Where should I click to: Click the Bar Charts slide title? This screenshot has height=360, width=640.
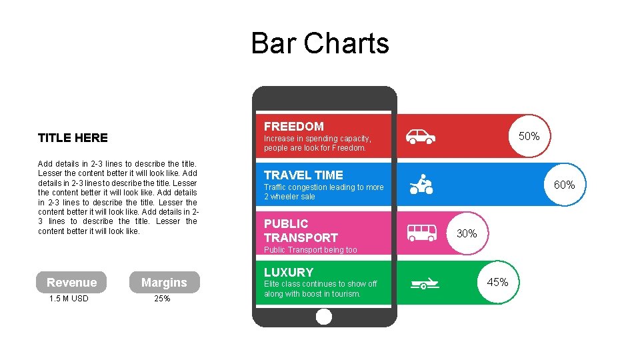tap(320, 43)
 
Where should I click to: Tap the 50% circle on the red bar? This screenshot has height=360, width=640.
tap(529, 136)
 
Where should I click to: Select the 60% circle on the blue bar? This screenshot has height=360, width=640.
tap(565, 185)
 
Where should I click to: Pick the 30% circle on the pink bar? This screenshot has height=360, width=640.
tap(467, 233)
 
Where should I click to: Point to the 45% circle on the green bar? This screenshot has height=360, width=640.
tap(497, 282)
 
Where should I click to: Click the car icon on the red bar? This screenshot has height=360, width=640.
tap(421, 137)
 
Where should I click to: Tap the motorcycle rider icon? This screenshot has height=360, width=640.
tap(421, 185)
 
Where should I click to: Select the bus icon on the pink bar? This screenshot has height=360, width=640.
tap(421, 233)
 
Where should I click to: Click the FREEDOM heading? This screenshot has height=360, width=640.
tap(294, 126)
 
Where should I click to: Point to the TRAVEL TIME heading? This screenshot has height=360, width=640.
tap(303, 175)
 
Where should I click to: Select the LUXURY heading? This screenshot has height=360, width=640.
tap(289, 272)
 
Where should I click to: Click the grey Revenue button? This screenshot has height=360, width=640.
tap(72, 283)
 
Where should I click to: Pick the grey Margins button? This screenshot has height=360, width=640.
tap(164, 283)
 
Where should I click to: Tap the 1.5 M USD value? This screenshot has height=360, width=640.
tap(69, 299)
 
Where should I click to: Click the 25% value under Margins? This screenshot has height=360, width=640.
tap(162, 299)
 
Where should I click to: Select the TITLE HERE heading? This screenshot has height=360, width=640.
tap(73, 138)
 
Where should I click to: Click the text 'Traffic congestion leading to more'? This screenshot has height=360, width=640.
tap(324, 187)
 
